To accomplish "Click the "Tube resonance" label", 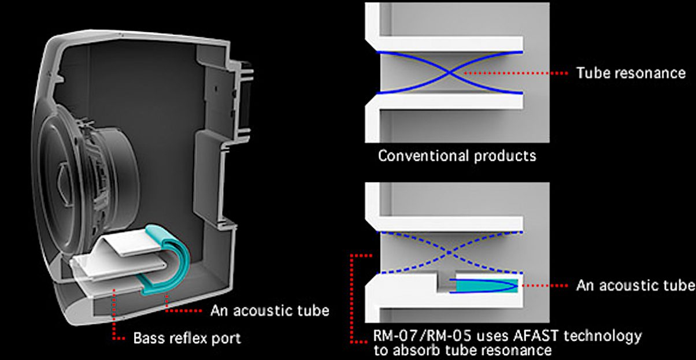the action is click(x=631, y=73).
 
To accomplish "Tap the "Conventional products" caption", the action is click(x=457, y=155).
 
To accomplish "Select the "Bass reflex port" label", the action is click(x=187, y=338).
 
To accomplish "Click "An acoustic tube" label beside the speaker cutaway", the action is click(x=270, y=311).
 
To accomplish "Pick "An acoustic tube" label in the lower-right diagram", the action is click(x=635, y=285).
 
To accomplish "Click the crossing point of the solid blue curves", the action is click(x=449, y=73).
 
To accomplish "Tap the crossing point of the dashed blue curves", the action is click(x=449, y=253).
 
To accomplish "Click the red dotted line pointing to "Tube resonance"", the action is click(x=515, y=73).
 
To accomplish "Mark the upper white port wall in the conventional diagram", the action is click(x=445, y=43).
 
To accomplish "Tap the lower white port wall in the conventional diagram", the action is click(x=445, y=102).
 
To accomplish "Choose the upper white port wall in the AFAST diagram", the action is click(x=445, y=224).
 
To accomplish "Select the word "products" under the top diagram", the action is click(x=505, y=156).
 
